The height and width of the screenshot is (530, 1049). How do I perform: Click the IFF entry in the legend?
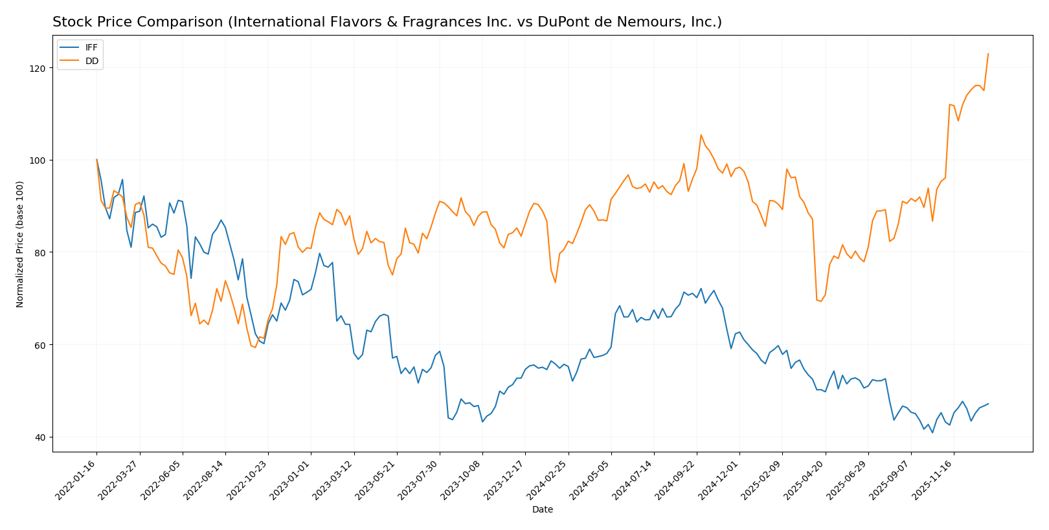click(91, 48)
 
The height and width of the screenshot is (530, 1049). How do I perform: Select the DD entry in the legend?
click(92, 61)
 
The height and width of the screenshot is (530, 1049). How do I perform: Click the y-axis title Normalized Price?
click(19, 244)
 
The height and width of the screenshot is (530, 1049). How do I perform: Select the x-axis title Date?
click(543, 510)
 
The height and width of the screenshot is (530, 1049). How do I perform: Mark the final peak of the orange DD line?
click(988, 54)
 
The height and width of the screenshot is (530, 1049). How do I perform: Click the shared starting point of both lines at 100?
click(96, 159)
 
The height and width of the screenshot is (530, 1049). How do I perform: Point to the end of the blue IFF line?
click(988, 404)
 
